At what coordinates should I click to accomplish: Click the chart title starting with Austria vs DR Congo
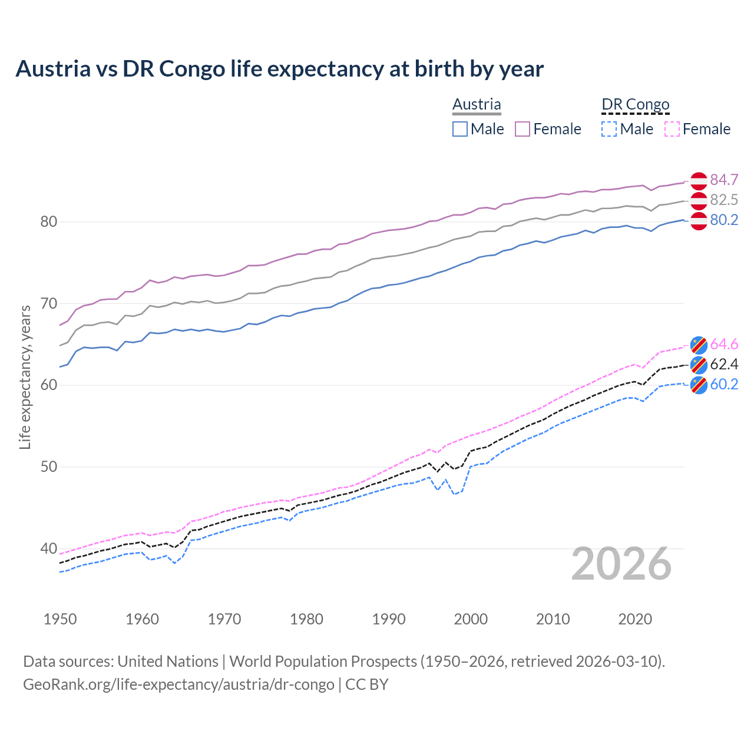[x=279, y=69]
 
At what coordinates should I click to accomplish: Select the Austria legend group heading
[x=477, y=104]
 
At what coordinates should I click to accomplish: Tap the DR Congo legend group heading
[x=635, y=104]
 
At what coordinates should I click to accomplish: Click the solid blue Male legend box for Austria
[x=460, y=129]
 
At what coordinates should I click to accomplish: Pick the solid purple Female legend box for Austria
[x=523, y=129]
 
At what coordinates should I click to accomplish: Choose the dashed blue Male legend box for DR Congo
[x=609, y=129]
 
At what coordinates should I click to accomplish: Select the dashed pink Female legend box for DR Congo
[x=672, y=129]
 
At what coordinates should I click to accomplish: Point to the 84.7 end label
[x=724, y=180]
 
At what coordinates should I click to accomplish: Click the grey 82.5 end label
[x=724, y=200]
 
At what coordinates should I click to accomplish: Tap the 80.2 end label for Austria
[x=724, y=220]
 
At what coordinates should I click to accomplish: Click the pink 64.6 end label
[x=724, y=344]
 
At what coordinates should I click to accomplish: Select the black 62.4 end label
[x=724, y=364]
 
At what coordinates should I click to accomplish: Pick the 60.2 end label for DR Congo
[x=724, y=384]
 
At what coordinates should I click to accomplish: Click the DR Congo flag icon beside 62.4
[x=699, y=365]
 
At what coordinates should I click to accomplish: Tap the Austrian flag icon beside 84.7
[x=699, y=180]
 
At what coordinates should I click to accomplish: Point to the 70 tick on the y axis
[x=48, y=304]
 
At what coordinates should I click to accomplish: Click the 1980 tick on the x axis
[x=307, y=619]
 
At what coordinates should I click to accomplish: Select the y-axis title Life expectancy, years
[x=25, y=377]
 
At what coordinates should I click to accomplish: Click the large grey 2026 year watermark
[x=621, y=564]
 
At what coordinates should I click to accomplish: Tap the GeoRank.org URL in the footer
[x=178, y=684]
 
